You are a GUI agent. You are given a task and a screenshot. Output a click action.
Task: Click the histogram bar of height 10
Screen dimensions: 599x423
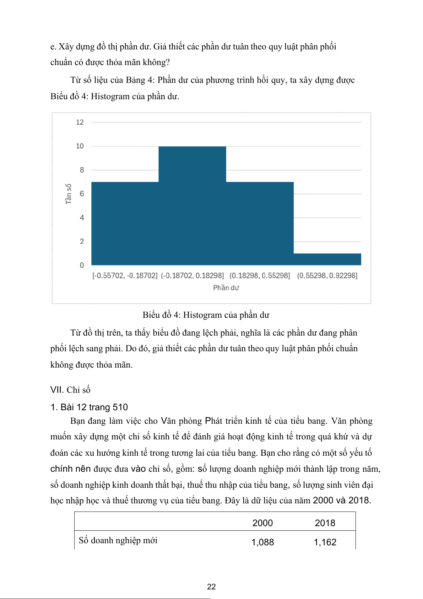[192, 205]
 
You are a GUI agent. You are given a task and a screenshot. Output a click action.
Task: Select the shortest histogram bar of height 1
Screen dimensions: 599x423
[327, 259]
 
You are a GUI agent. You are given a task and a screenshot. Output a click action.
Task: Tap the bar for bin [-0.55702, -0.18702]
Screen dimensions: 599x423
[125, 223]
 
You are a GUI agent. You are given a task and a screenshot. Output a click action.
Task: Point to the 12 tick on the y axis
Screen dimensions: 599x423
[80, 122]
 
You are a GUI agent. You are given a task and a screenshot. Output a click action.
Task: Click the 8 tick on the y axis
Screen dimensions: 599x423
[82, 170]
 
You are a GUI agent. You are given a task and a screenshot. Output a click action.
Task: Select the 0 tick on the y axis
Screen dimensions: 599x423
[82, 265]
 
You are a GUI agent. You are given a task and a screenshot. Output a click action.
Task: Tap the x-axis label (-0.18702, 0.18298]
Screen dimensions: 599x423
[192, 276]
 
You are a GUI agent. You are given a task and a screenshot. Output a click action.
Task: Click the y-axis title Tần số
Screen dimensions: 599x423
[69, 194]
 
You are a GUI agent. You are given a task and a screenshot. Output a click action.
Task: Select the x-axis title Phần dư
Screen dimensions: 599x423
[226, 288]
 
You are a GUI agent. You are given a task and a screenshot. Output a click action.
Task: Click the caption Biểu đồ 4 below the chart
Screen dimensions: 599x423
[206, 315]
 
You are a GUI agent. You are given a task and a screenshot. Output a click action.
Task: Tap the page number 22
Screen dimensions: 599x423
[211, 587]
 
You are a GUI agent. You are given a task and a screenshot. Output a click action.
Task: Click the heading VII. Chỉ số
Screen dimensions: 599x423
[70, 390]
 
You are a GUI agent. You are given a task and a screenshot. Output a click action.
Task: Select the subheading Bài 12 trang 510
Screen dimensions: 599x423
[89, 407]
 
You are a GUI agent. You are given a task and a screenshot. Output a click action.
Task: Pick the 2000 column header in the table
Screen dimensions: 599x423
[262, 523]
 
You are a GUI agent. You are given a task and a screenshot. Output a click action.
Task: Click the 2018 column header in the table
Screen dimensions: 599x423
[325, 523]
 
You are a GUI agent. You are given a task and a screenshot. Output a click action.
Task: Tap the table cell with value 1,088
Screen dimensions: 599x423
[262, 542]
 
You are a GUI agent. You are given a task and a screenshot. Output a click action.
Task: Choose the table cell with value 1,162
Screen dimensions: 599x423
[325, 542]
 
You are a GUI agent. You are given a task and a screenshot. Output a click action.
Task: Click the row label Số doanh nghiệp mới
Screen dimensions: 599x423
[118, 540]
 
